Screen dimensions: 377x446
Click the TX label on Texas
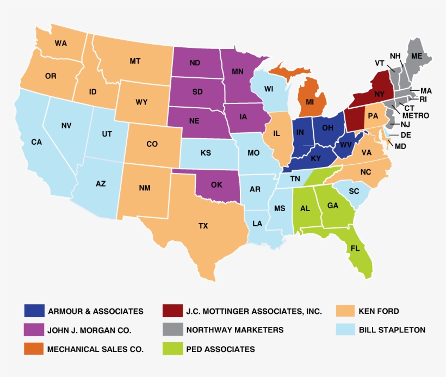(x=203, y=225)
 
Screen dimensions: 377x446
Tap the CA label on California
(x=36, y=142)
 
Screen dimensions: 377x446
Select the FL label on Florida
(x=355, y=248)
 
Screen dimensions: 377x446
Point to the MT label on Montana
(x=135, y=61)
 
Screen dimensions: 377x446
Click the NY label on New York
(x=380, y=94)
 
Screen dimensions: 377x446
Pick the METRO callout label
(x=416, y=115)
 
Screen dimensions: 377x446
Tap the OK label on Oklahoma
(x=216, y=184)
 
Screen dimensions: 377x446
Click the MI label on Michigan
(x=310, y=102)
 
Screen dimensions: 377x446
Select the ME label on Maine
(x=417, y=56)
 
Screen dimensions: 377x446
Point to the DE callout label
(x=406, y=135)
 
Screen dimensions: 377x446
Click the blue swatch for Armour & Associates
(x=34, y=311)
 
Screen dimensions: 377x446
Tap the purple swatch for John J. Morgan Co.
(x=34, y=330)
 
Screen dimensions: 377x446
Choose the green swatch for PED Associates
(x=172, y=349)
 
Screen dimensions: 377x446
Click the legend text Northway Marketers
(x=234, y=330)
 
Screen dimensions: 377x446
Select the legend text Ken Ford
(x=379, y=311)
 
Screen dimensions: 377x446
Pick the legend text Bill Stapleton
(x=392, y=330)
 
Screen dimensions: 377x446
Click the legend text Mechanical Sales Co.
(x=96, y=349)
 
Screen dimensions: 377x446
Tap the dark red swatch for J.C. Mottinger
(x=172, y=311)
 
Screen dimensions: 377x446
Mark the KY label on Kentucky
(x=316, y=158)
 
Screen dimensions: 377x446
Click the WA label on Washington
(x=61, y=43)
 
